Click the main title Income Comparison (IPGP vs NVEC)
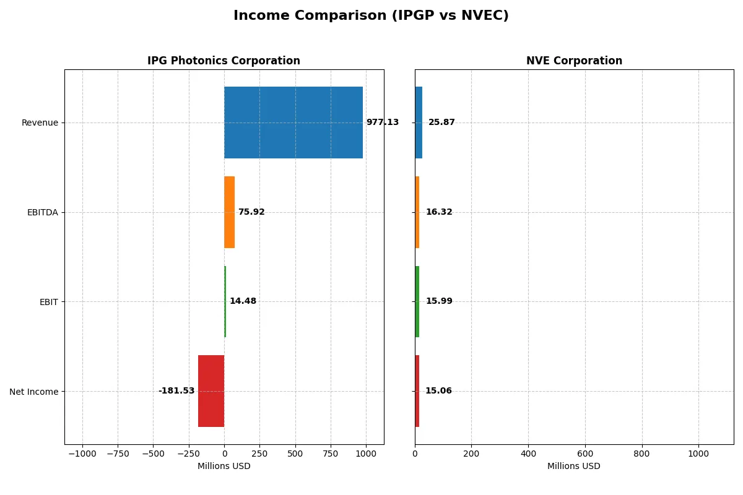[371, 16]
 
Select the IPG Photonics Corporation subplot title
[224, 61]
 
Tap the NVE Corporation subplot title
[574, 61]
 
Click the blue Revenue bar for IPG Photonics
[293, 123]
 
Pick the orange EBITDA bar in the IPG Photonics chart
[229, 212]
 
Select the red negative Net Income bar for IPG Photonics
[211, 391]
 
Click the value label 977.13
[382, 123]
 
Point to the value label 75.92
[251, 212]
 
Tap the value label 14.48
[243, 301]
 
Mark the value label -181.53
[176, 391]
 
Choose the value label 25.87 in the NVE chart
[441, 123]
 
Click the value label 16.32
[439, 212]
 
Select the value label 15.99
[439, 301]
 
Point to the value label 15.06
[438, 391]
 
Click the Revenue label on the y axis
[40, 123]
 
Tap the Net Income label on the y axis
[34, 391]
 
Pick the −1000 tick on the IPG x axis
[82, 453]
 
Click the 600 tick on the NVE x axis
[585, 453]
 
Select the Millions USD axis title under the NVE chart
[574, 466]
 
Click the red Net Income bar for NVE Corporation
[417, 391]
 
